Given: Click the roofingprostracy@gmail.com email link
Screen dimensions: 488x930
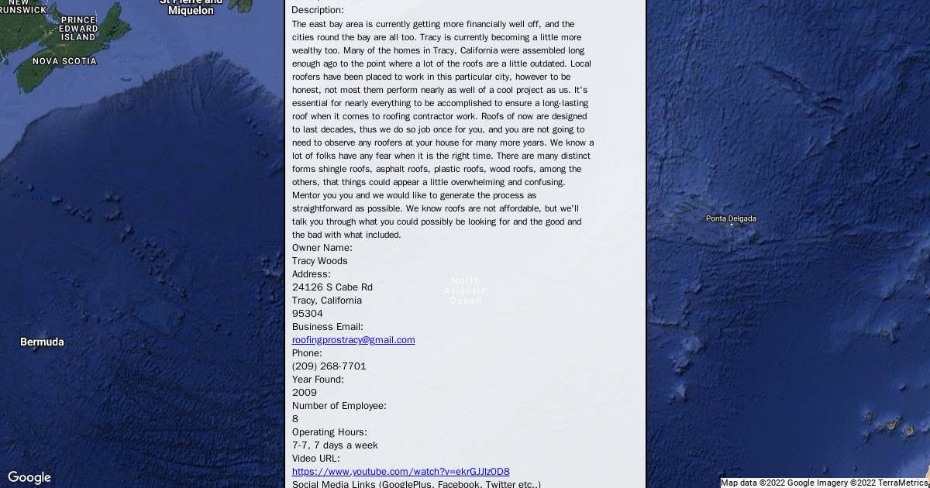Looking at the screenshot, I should point(353,340).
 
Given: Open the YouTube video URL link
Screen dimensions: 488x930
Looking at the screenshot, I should point(401,472).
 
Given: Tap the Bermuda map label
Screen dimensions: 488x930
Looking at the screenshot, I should point(42,342).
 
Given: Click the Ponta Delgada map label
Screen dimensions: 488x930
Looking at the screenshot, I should point(731,219).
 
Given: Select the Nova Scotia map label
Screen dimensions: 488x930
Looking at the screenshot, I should point(64,61).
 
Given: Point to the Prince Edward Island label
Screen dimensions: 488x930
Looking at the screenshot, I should point(78,29).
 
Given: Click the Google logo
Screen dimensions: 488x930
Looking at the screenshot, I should point(29,477).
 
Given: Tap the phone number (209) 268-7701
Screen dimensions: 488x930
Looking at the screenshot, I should point(329,366).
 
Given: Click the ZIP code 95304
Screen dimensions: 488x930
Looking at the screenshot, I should point(308,314).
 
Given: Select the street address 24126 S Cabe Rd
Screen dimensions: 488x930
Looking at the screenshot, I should point(332,287).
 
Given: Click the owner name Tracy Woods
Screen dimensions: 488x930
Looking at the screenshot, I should point(320,261).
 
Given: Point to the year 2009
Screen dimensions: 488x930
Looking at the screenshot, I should point(305,393).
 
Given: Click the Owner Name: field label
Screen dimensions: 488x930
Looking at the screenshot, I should point(322,248).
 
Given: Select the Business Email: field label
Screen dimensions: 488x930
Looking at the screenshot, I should point(328,327).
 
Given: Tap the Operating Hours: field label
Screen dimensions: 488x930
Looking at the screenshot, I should point(329,432).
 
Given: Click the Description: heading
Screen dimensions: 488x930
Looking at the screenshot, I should point(318,10).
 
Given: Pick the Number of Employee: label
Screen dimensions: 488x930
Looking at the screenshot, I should point(339,406).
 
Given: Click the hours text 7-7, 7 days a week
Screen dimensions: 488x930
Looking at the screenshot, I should point(335,445).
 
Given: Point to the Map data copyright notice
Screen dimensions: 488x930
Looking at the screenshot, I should point(825,483).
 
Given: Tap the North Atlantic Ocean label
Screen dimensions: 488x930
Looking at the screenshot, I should point(466,290).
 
